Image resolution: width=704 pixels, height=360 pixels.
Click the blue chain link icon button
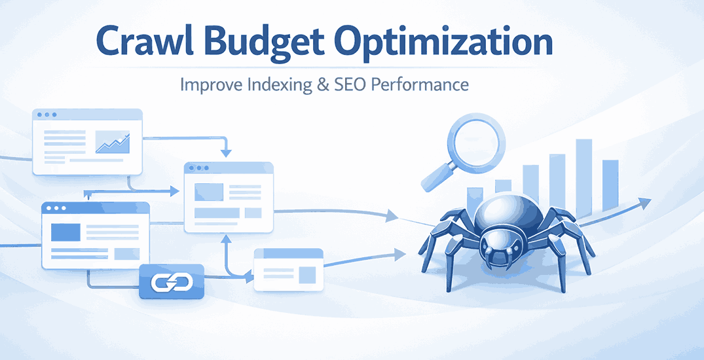tap(172, 282)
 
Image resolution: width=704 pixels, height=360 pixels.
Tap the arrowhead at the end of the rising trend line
tap(646, 204)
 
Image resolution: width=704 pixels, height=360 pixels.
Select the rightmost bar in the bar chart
tap(610, 185)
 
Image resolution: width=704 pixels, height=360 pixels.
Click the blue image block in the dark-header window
tap(65, 232)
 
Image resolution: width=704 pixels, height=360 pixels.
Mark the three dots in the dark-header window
tap(56, 208)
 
